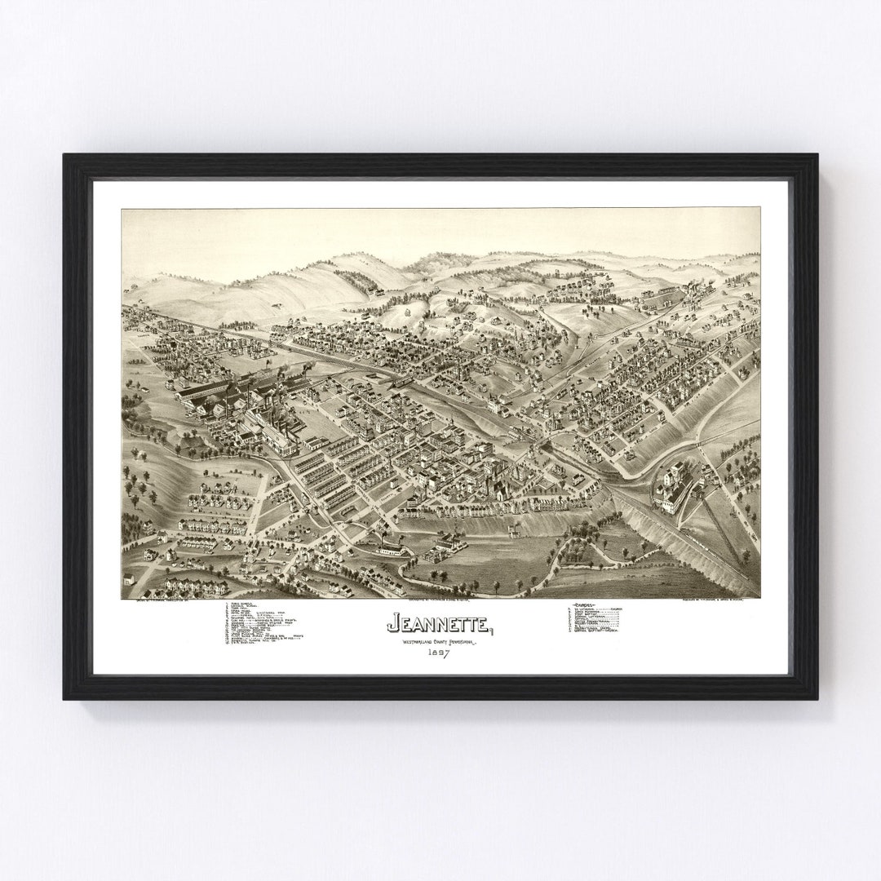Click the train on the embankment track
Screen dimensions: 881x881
(x=400, y=382)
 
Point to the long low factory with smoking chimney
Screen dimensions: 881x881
(x=392, y=547)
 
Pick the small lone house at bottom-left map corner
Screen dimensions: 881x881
(x=129, y=580)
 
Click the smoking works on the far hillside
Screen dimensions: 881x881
(x=693, y=290)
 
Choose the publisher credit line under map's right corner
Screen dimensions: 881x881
(x=718, y=601)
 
